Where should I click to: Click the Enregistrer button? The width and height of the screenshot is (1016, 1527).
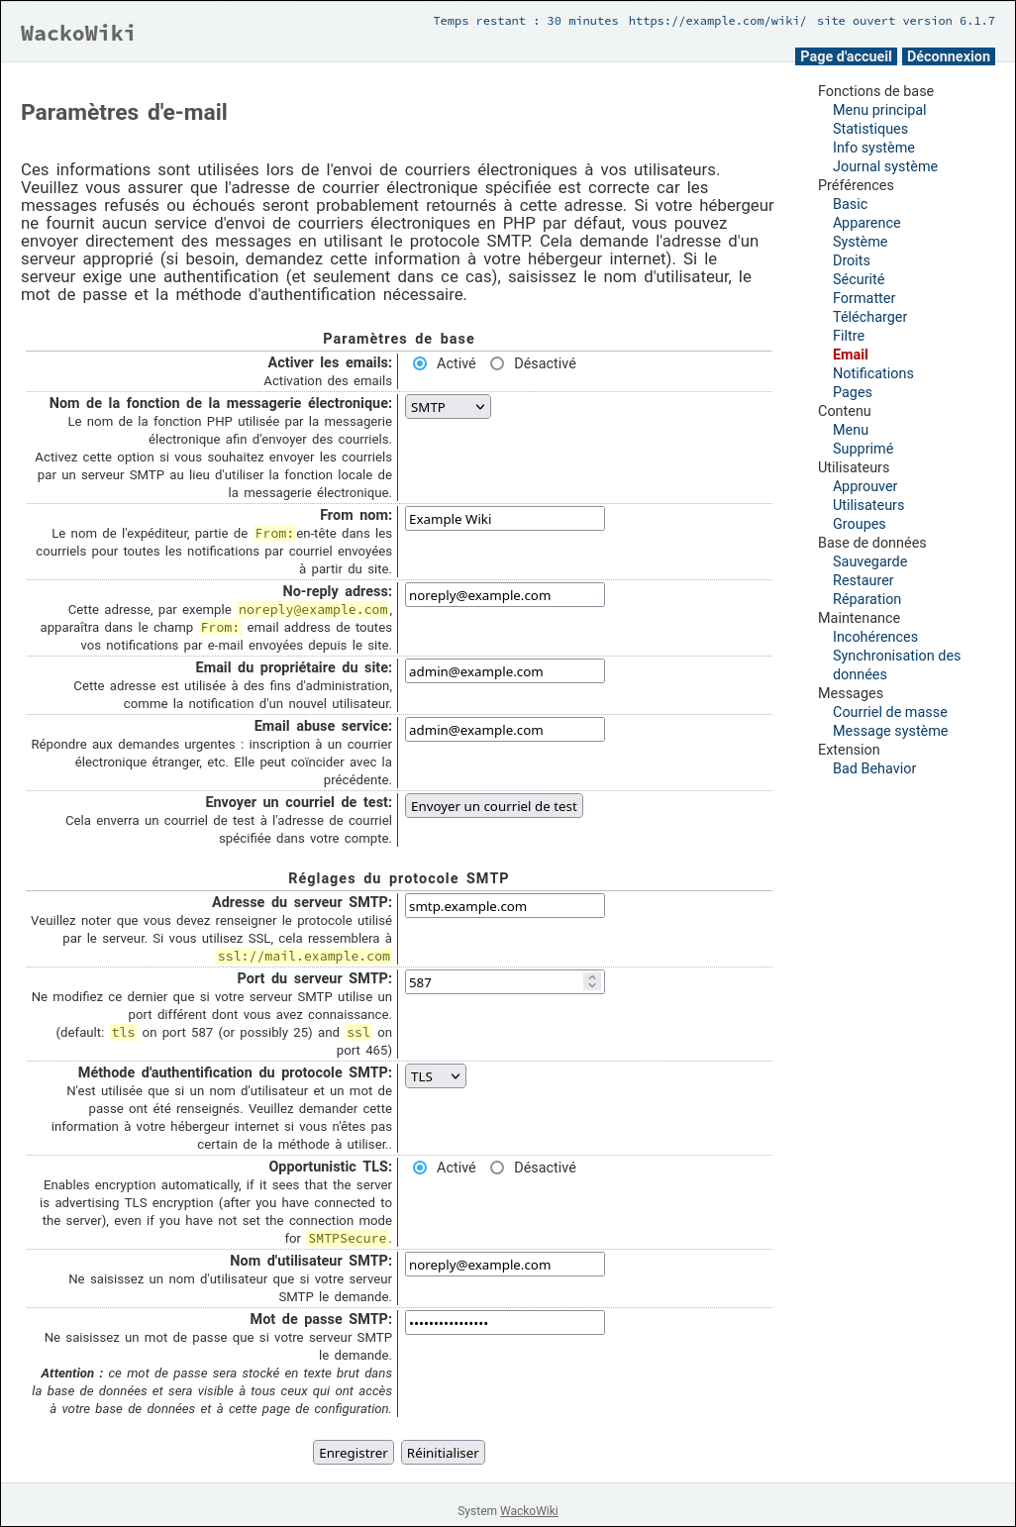click(354, 1453)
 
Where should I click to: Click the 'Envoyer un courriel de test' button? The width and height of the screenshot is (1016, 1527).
click(493, 806)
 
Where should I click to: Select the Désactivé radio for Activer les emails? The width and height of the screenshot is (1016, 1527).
click(497, 363)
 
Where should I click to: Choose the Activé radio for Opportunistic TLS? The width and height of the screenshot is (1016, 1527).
click(420, 1168)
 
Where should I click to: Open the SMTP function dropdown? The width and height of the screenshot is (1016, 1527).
click(448, 407)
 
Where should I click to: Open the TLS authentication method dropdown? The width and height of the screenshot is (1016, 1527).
click(436, 1076)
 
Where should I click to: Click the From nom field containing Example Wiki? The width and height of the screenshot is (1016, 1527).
click(504, 519)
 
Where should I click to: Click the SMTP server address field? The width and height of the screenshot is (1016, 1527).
click(504, 906)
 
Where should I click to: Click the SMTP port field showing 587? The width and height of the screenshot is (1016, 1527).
click(495, 982)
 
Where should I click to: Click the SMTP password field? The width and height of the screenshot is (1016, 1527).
click(504, 1323)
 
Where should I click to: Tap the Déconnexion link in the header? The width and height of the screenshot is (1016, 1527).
click(948, 56)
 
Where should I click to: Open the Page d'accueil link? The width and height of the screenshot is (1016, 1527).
click(846, 56)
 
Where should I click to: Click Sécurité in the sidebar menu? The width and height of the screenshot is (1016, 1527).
click(859, 279)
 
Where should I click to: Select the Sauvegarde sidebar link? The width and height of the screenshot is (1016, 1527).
click(869, 561)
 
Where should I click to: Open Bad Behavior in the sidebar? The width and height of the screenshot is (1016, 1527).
click(874, 768)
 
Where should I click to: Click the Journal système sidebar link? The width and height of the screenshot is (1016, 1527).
click(885, 166)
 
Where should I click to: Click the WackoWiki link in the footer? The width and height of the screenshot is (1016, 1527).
click(529, 1511)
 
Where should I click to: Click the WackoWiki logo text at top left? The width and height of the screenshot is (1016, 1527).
click(78, 34)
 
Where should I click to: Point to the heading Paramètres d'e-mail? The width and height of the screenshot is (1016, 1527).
click(124, 113)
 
